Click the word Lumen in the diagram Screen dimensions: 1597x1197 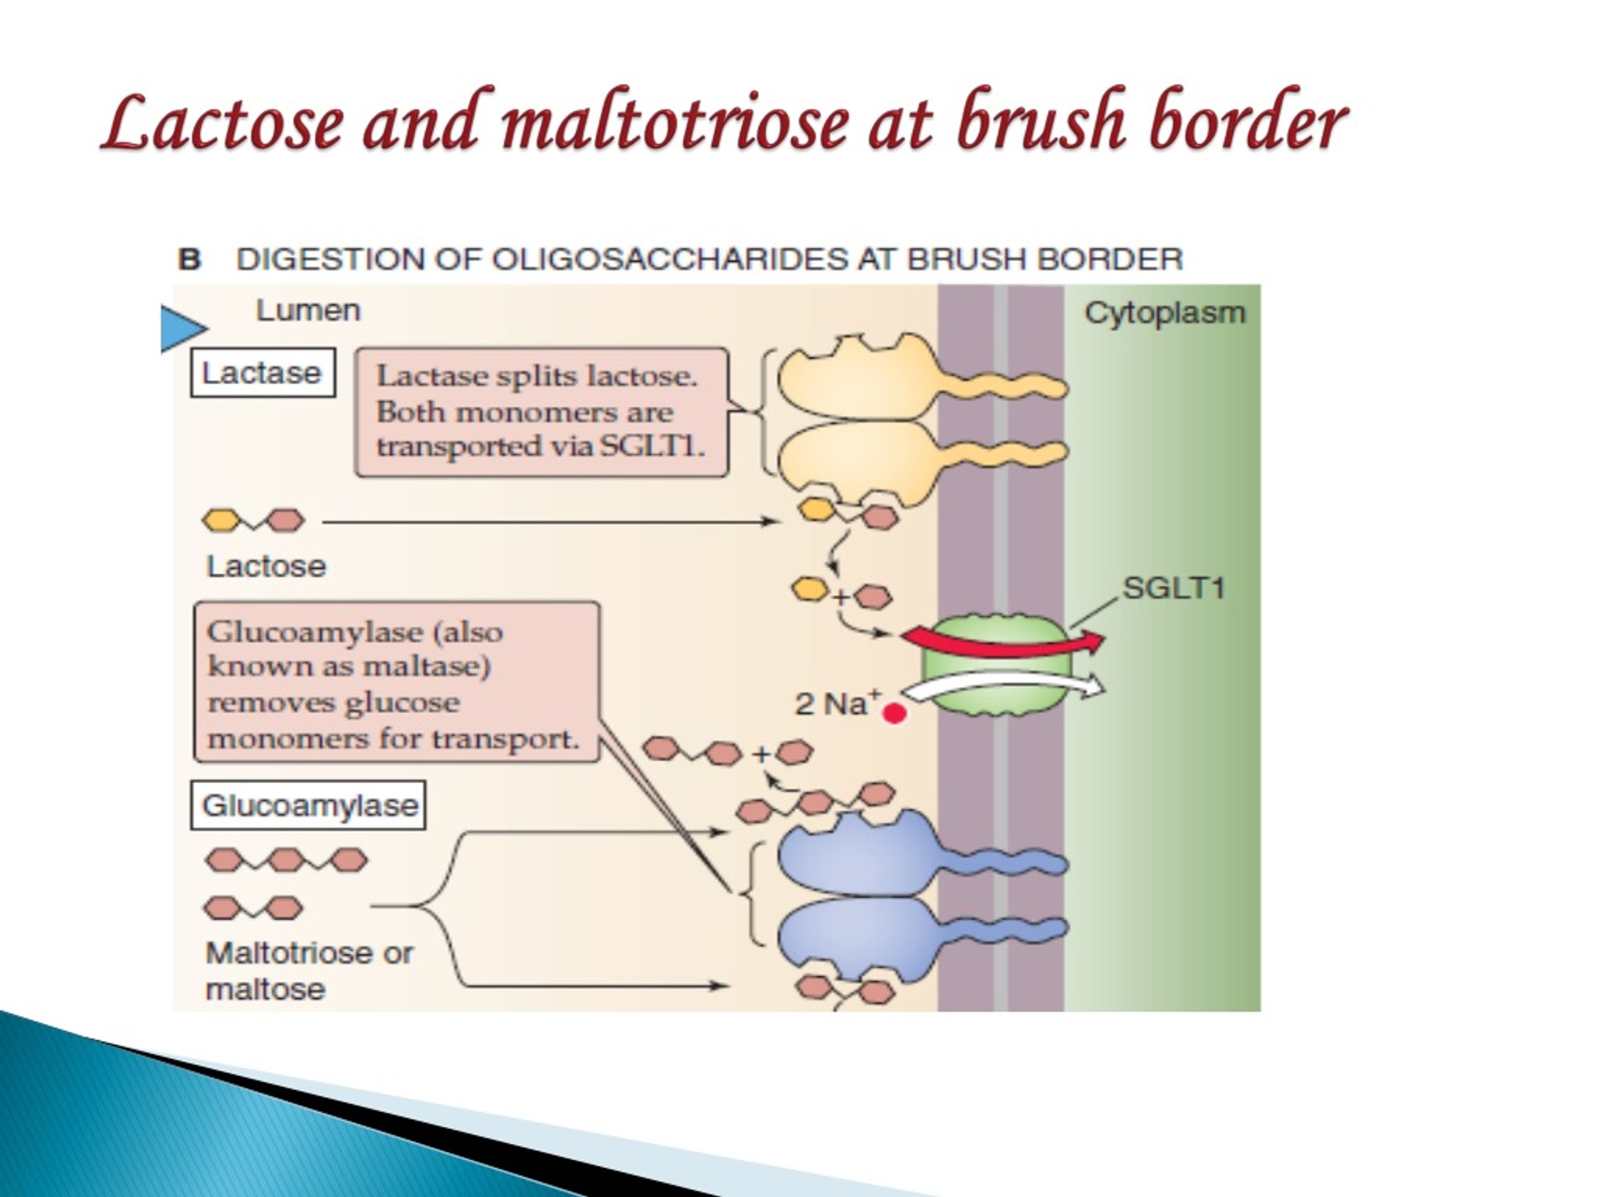point(308,311)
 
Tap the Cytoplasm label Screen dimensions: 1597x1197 point(1165,314)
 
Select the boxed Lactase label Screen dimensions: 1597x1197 point(263,373)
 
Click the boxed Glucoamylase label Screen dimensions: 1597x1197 point(308,805)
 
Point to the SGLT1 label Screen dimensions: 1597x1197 point(1174,588)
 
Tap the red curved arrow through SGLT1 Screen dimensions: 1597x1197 point(1004,641)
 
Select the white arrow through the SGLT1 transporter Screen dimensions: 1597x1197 point(1004,685)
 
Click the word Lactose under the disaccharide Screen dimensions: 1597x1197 point(266,566)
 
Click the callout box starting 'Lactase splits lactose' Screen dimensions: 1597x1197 point(541,412)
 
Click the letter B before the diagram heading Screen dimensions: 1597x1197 point(189,259)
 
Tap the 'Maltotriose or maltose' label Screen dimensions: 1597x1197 point(309,971)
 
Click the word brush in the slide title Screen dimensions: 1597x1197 point(1041,118)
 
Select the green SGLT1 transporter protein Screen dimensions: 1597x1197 point(996,665)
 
